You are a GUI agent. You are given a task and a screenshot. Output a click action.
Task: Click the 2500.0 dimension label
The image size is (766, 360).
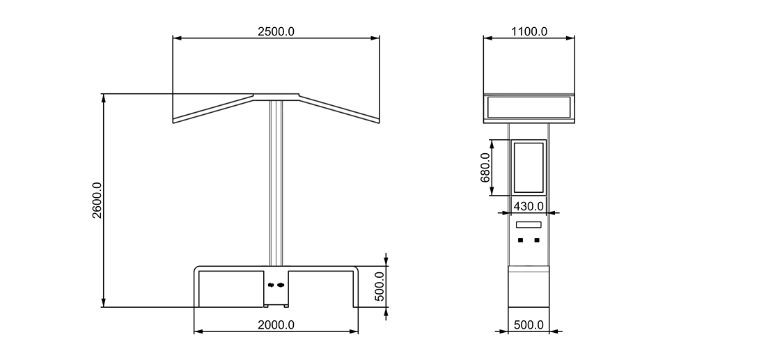tap(276, 32)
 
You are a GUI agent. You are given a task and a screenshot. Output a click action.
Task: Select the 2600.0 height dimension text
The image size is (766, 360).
tap(97, 201)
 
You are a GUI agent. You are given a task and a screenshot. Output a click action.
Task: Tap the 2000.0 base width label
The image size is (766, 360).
tap(276, 324)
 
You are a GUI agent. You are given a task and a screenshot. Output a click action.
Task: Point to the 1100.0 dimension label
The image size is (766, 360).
tap(529, 32)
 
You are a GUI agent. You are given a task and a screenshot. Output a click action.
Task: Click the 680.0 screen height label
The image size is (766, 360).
tap(485, 168)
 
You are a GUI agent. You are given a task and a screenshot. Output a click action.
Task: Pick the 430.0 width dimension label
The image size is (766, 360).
tap(529, 207)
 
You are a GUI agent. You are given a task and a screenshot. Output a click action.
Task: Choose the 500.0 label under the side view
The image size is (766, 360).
tap(529, 324)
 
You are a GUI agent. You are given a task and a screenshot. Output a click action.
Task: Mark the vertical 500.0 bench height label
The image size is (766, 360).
tap(380, 287)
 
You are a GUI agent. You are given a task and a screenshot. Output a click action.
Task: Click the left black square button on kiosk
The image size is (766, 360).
tap(520, 240)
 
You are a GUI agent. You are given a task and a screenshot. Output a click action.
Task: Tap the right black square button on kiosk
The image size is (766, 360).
tap(537, 240)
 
